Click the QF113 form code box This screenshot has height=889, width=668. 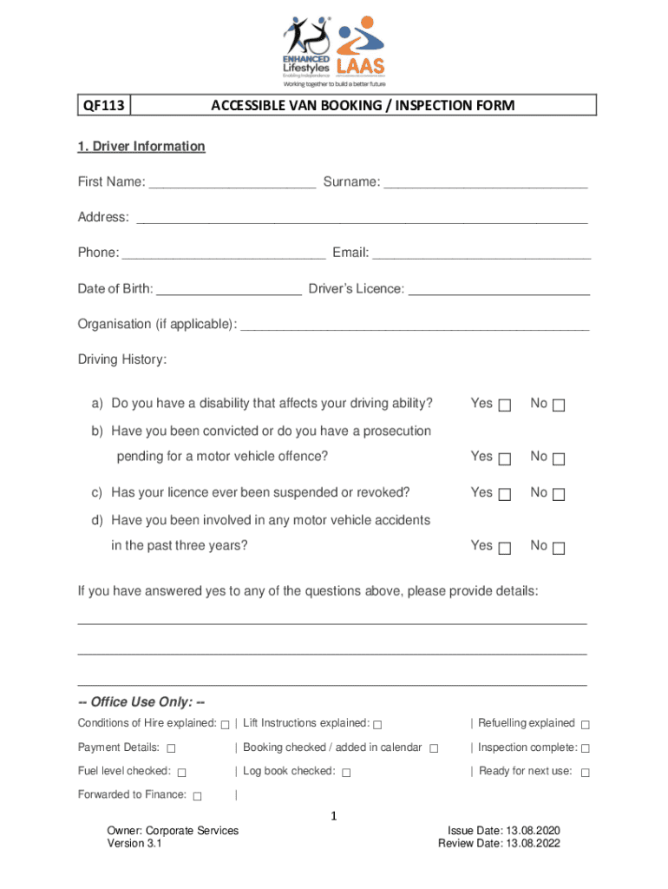[103, 106]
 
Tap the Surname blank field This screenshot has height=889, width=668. [486, 183]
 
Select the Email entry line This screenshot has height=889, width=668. [481, 254]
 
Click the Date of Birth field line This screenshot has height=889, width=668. [229, 289]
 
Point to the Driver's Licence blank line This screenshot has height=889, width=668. [499, 289]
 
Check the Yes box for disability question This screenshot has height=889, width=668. [506, 405]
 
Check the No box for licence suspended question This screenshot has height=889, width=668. [559, 495]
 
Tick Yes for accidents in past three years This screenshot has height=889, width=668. [506, 548]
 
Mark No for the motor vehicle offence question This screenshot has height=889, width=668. [559, 458]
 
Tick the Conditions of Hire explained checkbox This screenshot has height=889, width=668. [226, 725]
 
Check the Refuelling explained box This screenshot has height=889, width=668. [586, 725]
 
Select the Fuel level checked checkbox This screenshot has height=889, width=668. [182, 773]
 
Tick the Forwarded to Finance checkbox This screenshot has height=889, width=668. [198, 796]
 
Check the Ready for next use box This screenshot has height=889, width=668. [586, 773]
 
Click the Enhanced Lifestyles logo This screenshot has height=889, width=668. [308, 48]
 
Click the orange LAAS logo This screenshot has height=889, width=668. [361, 48]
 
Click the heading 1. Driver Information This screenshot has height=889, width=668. [141, 147]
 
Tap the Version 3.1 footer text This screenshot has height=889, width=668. [134, 844]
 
